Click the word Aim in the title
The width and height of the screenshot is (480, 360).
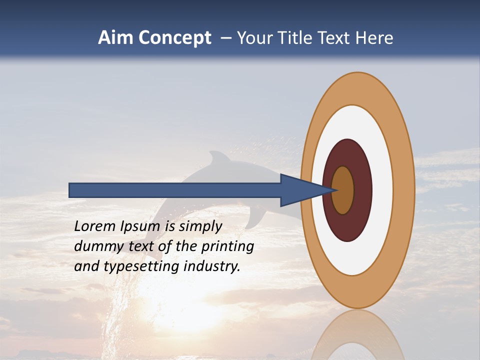tap(116, 38)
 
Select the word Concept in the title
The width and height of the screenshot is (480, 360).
tap(174, 38)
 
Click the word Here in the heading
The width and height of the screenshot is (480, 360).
tap(374, 38)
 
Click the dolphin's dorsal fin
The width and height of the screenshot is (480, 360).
tap(218, 159)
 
